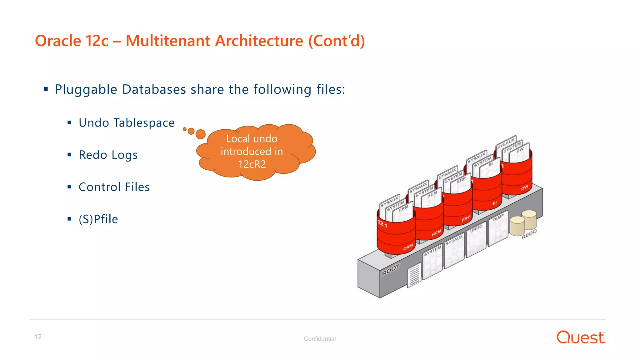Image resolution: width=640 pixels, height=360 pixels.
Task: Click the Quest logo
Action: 581,337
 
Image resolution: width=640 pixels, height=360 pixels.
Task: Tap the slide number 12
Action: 38,336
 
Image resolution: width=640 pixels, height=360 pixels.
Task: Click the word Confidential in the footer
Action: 320,339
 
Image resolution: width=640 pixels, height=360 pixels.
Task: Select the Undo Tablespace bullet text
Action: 127,123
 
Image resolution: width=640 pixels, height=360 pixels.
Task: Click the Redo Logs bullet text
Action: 108,155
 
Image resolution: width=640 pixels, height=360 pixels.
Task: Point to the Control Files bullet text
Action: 114,187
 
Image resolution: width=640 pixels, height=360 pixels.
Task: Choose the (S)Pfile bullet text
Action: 98,219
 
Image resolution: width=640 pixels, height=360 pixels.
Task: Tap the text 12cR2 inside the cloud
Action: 252,164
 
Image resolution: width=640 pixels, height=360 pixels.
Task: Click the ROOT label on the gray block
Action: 391,270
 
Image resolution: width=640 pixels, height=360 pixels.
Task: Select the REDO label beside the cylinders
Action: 529,234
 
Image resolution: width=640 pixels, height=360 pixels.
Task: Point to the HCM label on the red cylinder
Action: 437,233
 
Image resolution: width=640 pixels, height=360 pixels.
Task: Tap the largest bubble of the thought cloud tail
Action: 200,134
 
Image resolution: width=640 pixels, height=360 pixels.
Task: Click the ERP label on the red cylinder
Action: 466,219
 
